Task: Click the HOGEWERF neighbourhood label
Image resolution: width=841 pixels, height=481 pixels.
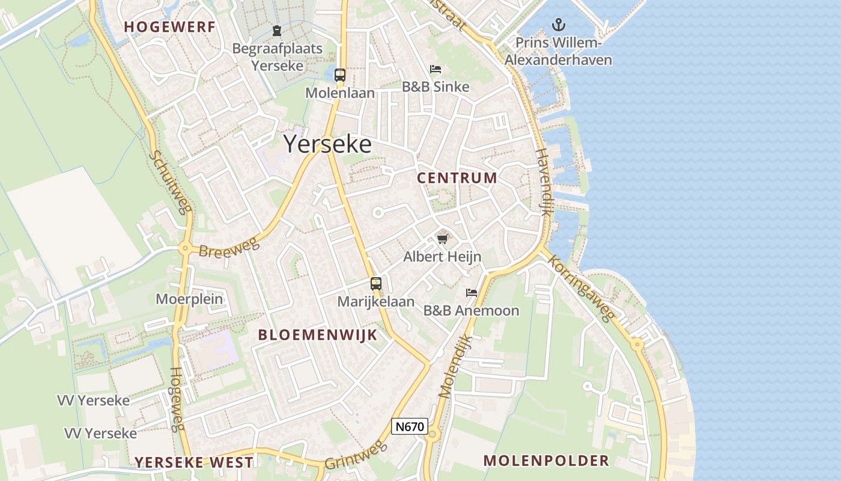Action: click(169, 26)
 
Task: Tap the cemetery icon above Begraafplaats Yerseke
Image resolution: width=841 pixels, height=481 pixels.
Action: click(277, 31)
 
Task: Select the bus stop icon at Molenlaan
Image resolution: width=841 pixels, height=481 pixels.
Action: click(340, 75)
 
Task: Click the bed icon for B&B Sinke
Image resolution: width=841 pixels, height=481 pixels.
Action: click(436, 69)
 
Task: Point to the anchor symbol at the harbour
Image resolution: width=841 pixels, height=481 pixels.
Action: click(559, 25)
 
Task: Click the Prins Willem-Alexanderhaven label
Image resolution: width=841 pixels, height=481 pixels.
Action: click(558, 52)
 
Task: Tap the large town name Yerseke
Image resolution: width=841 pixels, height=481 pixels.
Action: click(327, 144)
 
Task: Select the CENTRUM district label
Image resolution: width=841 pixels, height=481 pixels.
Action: click(457, 178)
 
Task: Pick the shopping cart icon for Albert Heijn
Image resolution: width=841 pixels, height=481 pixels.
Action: click(443, 239)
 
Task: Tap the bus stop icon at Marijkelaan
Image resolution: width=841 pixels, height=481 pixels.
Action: click(376, 283)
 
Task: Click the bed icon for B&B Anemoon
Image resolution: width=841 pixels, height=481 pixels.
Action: click(472, 293)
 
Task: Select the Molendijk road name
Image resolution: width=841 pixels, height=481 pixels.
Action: click(456, 367)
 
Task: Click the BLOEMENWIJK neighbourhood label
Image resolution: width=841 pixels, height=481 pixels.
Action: click(318, 335)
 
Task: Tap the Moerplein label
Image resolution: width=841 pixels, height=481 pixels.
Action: click(189, 299)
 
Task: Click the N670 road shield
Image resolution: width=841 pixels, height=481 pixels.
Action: click(410, 427)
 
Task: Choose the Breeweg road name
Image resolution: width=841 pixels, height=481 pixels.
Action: click(228, 247)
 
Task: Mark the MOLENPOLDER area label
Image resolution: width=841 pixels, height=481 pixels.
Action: click(546, 461)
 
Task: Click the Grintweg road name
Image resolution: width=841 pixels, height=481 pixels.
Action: click(354, 455)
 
